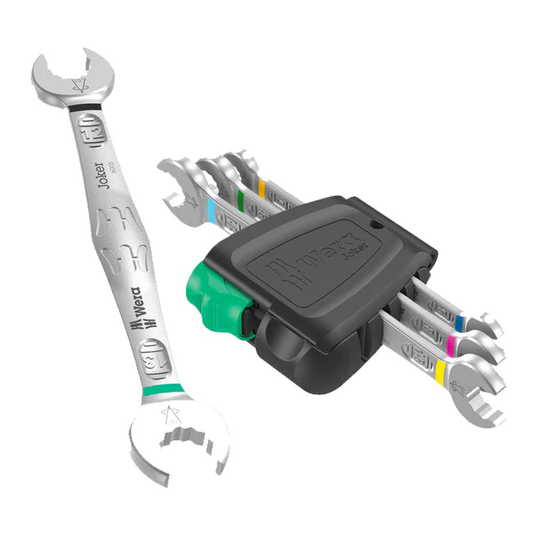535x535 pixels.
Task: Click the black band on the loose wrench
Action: (x=85, y=107)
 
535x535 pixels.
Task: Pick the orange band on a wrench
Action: (x=262, y=187)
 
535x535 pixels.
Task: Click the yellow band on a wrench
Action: (x=441, y=372)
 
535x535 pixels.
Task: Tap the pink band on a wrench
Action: (x=452, y=343)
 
